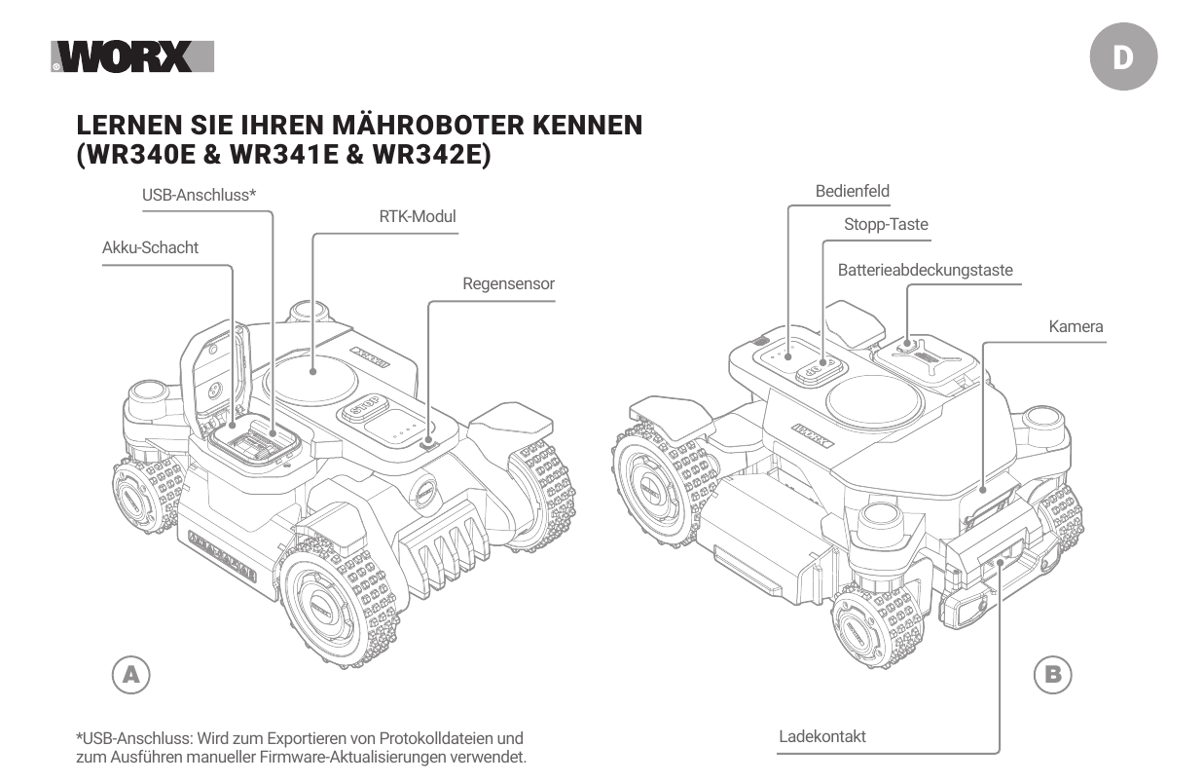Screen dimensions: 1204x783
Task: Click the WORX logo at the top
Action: (132, 56)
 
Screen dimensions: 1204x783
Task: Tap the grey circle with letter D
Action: (1123, 56)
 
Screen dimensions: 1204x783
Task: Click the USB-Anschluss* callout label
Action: (199, 195)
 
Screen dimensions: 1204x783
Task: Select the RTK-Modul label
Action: (418, 216)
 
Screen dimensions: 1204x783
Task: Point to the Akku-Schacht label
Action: (151, 247)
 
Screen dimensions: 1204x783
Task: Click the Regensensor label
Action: (508, 283)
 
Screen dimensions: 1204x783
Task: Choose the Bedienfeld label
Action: (853, 191)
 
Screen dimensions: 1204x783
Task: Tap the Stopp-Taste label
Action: (886, 224)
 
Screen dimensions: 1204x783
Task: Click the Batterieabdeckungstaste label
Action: (925, 270)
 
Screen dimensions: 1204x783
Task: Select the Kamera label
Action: (1076, 326)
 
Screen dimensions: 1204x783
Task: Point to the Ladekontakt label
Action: (822, 736)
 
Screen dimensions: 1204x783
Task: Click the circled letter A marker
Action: (131, 675)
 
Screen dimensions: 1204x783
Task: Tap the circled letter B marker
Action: (1052, 675)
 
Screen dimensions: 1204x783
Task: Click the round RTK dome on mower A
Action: (310, 379)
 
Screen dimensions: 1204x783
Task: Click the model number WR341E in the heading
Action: (284, 154)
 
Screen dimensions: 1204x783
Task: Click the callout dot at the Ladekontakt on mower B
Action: (1000, 562)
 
